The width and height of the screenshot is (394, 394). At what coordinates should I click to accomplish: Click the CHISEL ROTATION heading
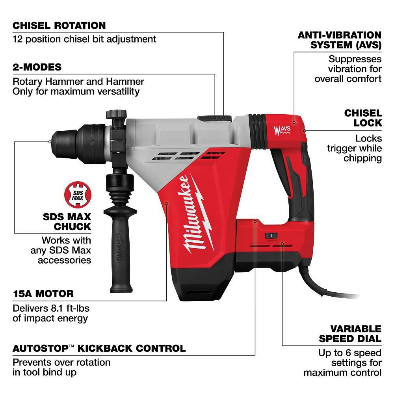click(x=59, y=26)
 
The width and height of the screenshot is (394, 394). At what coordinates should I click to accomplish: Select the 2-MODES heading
click(x=37, y=67)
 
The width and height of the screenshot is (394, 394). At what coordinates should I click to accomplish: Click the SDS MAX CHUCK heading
click(x=67, y=221)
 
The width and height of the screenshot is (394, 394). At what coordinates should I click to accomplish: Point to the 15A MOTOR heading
click(x=43, y=294)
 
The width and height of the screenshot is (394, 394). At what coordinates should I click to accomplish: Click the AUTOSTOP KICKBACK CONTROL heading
click(x=99, y=348)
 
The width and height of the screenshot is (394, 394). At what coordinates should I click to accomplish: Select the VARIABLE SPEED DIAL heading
click(x=350, y=333)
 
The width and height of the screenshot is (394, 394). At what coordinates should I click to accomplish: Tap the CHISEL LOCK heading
click(x=363, y=118)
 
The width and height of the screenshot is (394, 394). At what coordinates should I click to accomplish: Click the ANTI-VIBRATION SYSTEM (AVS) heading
click(x=339, y=40)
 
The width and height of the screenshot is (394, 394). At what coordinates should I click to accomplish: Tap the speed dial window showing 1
click(x=271, y=235)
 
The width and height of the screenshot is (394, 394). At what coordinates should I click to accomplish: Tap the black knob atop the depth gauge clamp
click(x=115, y=114)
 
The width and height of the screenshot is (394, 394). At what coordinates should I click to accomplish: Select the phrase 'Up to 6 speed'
click(x=349, y=353)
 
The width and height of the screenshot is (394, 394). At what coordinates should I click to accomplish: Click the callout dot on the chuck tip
click(x=50, y=141)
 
